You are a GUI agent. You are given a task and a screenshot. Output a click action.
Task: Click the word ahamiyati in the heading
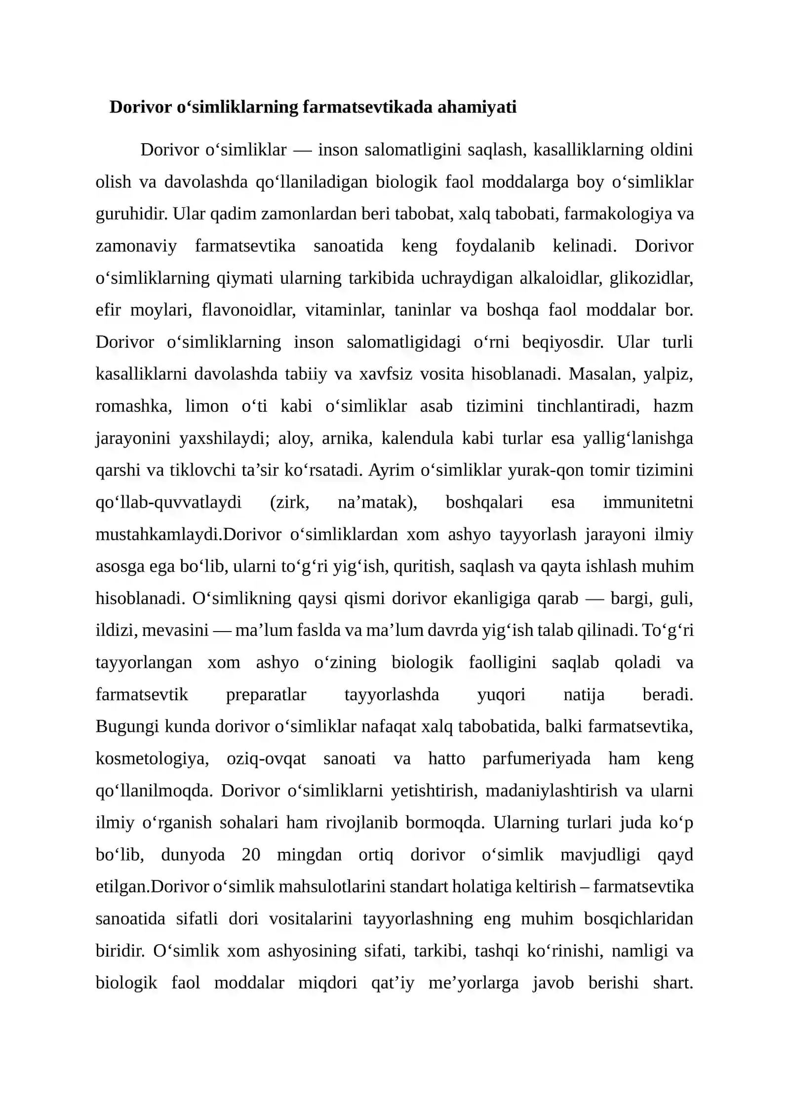[x=476, y=107]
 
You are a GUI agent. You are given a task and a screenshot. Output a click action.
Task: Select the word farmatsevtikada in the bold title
[x=367, y=107]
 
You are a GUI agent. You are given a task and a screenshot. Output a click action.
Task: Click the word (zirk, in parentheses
[x=290, y=502]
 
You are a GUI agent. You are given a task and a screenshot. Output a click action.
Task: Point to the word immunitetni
[x=648, y=502]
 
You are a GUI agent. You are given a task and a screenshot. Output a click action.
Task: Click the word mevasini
[x=175, y=630]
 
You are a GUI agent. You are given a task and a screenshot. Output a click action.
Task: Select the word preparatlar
[x=266, y=694]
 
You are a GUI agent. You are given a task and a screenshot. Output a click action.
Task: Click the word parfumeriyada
[x=537, y=758]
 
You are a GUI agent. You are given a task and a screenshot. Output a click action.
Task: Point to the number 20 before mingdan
[x=251, y=854]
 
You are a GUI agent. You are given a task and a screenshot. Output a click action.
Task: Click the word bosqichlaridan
[x=638, y=918]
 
